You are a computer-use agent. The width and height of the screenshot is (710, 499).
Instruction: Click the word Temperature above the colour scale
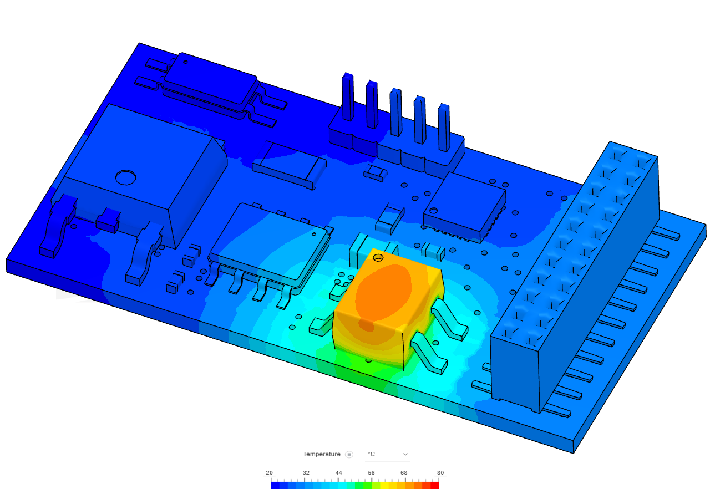pos(321,454)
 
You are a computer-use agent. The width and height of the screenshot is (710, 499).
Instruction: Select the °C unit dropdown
pos(387,454)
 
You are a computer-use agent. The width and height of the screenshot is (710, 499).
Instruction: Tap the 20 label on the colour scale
pos(269,473)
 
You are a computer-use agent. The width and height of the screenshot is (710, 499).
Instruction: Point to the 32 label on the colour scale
pos(306,473)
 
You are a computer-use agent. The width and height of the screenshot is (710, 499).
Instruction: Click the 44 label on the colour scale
pos(338,473)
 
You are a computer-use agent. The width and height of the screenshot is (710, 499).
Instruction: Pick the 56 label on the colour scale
pos(371,473)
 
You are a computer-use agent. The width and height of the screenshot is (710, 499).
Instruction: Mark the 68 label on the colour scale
pos(403,473)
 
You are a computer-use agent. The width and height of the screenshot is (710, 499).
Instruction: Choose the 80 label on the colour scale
pos(440,473)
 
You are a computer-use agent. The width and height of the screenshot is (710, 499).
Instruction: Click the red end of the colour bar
pos(434,485)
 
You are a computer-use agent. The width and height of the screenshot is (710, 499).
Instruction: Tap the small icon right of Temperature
pos(349,454)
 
